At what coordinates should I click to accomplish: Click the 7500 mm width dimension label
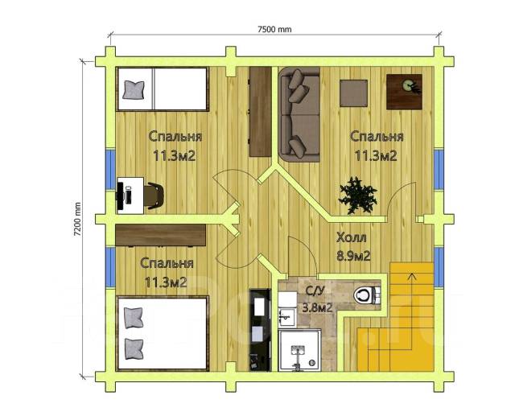click(274, 30)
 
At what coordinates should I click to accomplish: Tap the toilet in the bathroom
click(367, 294)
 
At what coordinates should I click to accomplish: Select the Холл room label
click(351, 237)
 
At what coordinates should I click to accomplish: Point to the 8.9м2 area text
click(353, 256)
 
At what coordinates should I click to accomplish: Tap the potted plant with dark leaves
click(357, 196)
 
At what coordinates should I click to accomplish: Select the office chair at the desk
click(154, 196)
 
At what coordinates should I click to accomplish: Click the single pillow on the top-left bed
click(134, 90)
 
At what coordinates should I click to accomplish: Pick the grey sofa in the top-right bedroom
click(299, 114)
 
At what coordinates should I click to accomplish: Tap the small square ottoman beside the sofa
click(353, 93)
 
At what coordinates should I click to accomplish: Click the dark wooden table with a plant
click(404, 92)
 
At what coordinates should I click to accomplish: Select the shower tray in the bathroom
click(299, 350)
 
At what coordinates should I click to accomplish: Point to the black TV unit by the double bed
click(260, 330)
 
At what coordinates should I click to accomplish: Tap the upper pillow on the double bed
click(134, 318)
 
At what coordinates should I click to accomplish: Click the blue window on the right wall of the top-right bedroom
click(439, 170)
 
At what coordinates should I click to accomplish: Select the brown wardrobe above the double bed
click(161, 235)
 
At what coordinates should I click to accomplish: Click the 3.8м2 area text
click(317, 307)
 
